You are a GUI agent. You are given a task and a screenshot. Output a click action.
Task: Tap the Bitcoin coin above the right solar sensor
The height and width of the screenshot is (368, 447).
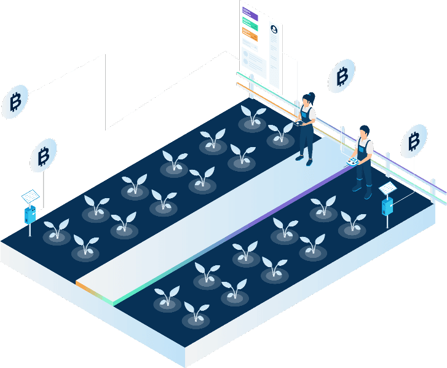point(413,142)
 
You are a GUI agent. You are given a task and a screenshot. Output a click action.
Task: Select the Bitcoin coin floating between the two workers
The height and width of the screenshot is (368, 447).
point(342,77)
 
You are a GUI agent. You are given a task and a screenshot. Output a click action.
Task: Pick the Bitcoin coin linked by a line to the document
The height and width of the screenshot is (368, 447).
point(15,102)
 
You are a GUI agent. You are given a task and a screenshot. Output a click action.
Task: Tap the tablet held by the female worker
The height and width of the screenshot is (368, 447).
point(301,122)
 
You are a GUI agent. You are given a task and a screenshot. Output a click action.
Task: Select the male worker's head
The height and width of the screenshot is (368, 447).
point(364,131)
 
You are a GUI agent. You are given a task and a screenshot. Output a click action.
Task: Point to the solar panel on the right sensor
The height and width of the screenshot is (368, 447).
point(388,188)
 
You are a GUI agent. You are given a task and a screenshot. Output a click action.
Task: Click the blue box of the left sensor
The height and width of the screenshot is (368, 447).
point(30,215)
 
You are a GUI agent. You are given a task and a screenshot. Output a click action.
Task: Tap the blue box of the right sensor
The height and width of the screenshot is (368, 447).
point(387,206)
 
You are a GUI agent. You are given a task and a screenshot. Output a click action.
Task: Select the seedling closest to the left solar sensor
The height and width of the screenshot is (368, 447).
point(57,231)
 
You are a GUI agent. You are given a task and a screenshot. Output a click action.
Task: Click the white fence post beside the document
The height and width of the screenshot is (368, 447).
point(251,86)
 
